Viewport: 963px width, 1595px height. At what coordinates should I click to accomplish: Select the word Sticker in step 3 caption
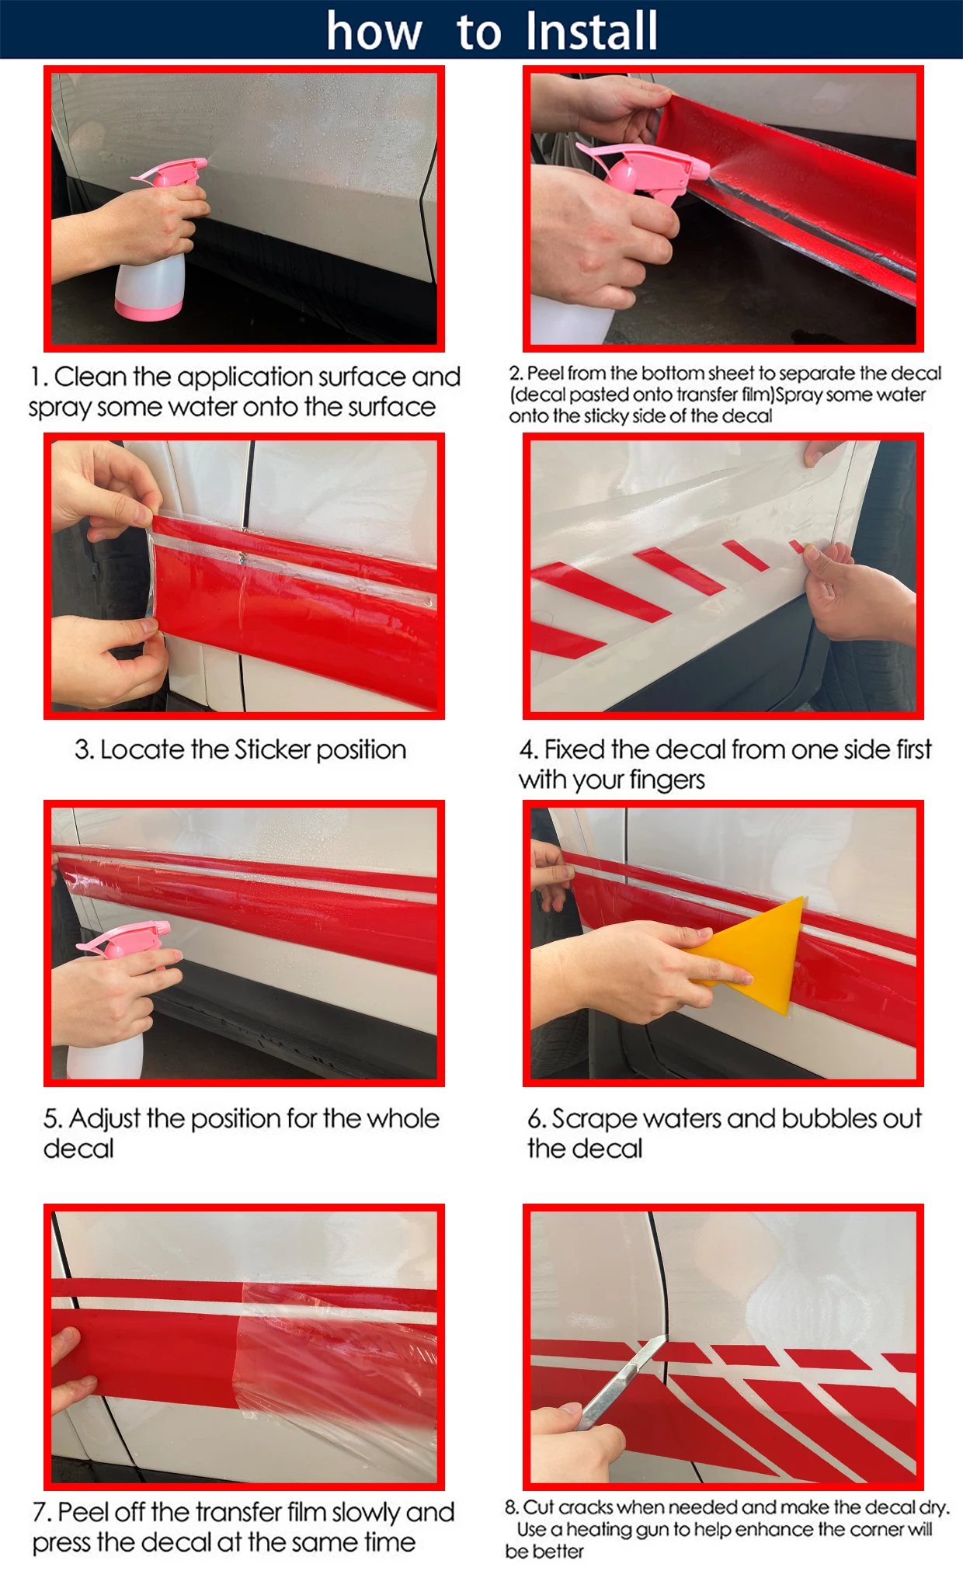coord(273,749)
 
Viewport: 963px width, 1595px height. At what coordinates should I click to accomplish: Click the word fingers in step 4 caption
coord(666,780)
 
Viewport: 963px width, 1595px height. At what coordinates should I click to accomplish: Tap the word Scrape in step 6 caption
coord(594,1120)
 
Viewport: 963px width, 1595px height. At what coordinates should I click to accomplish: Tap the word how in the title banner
coord(374,32)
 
